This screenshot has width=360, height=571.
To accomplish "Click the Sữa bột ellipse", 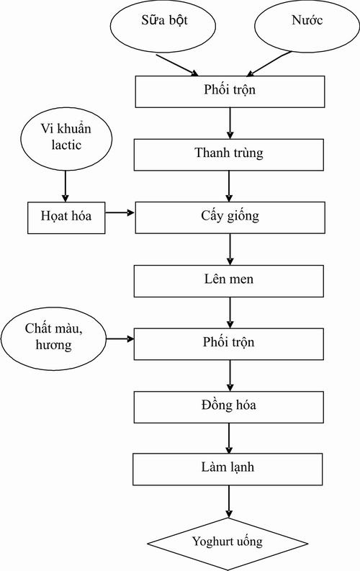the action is point(163,26).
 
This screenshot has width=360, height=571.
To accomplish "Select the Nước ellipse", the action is point(307,26).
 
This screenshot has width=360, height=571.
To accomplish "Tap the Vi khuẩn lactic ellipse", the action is point(66,138).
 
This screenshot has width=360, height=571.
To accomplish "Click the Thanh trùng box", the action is point(228,155).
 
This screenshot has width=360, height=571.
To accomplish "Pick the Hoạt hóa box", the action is point(66,217).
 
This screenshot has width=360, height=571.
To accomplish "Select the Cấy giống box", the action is point(230,217).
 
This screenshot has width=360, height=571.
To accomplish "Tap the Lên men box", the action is point(228,281).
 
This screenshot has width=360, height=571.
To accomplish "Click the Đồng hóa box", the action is point(228,407).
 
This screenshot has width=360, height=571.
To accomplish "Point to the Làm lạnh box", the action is point(228,469).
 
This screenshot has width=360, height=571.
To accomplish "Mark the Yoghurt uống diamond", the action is point(228,544).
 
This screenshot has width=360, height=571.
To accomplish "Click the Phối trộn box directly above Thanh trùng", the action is point(230,91).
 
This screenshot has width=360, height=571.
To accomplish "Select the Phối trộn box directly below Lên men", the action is point(228,344).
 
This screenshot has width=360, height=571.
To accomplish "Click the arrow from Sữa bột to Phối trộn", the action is point(177,66).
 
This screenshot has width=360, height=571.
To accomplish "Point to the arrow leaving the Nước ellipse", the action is point(269,64).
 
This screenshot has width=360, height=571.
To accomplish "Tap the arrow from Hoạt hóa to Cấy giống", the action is point(120,212).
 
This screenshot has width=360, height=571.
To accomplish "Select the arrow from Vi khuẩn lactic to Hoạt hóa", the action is point(66,186).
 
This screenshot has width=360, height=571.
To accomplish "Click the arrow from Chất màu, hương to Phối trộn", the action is point(120,339).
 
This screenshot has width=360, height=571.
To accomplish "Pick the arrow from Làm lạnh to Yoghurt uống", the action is point(229,501).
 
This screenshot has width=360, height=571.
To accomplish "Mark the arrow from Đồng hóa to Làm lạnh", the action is point(229,438).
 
